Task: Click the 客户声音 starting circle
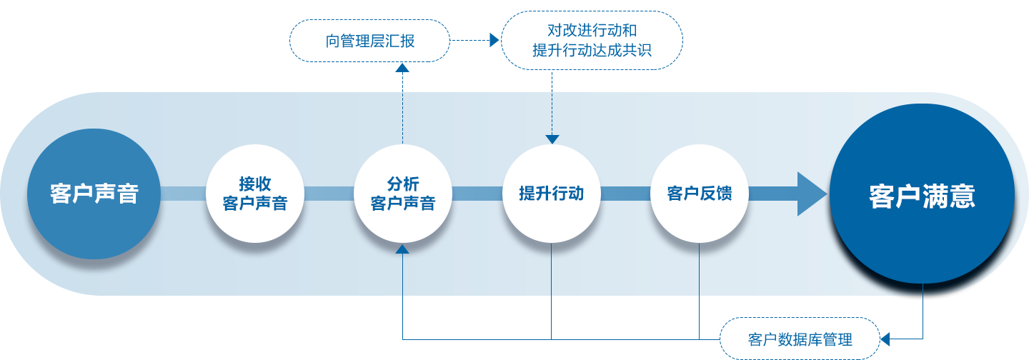click(x=94, y=194)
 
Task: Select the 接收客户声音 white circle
click(x=255, y=194)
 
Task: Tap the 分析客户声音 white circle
click(x=403, y=194)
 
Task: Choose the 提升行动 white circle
click(x=551, y=194)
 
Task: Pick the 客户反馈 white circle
click(x=699, y=194)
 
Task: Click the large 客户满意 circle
click(x=922, y=194)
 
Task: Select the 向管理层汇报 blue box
click(x=369, y=40)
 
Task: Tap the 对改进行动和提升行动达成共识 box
click(x=591, y=40)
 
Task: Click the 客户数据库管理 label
click(x=800, y=339)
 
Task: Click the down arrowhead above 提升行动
click(x=552, y=139)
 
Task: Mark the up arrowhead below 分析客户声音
click(x=403, y=249)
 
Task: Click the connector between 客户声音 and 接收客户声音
click(x=183, y=194)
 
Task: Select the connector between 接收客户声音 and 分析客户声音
click(x=329, y=194)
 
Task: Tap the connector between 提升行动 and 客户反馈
click(x=625, y=194)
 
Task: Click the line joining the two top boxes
click(x=472, y=40)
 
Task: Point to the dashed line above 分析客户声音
click(x=402, y=107)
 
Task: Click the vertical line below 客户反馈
click(x=699, y=275)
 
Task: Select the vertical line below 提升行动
click(x=551, y=275)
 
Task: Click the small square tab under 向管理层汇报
click(x=402, y=66)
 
